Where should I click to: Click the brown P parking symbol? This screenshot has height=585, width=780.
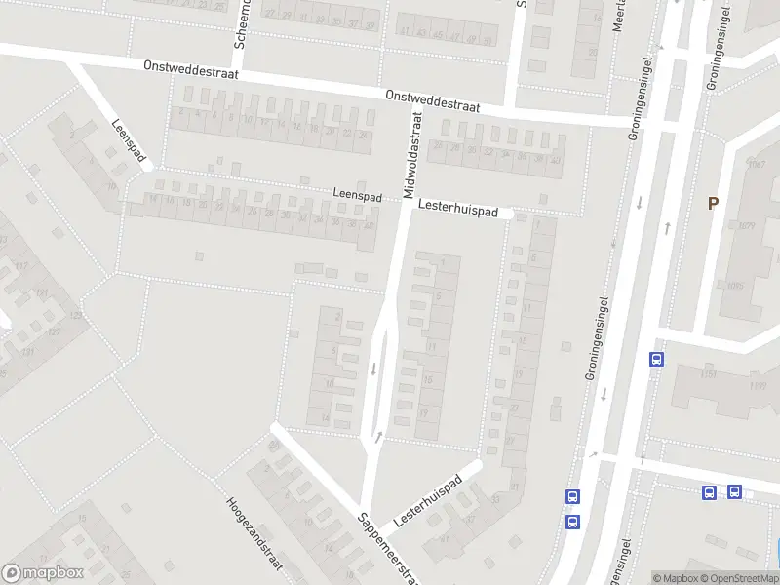coord(713,203)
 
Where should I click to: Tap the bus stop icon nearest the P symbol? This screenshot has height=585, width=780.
coord(656,359)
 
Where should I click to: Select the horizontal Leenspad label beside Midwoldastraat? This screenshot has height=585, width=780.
coord(357,194)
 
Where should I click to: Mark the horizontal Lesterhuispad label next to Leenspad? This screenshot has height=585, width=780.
coord(458,210)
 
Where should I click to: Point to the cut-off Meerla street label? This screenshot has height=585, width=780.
coord(617,17)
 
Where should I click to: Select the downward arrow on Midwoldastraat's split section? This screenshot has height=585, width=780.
coord(374,369)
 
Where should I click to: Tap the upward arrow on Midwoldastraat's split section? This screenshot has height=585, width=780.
coord(378,436)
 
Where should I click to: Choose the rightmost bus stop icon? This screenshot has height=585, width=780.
coord(734,492)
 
